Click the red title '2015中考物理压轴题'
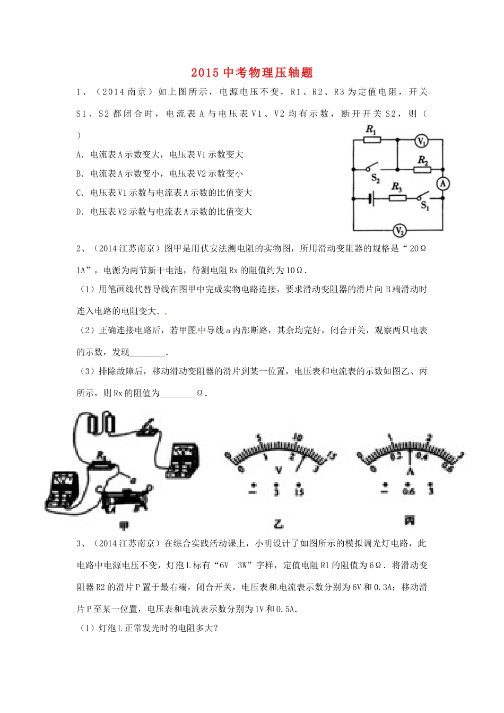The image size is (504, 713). (252, 73)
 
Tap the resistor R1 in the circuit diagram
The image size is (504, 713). (371, 140)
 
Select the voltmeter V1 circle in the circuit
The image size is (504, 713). (421, 141)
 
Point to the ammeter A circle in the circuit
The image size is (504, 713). (442, 184)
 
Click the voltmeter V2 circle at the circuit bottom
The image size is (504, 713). (399, 230)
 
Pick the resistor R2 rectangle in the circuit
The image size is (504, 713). (423, 169)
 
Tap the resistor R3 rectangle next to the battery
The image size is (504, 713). (397, 198)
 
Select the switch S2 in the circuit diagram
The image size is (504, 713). (372, 169)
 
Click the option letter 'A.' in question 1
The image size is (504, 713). (80, 154)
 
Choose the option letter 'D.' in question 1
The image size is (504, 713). (80, 212)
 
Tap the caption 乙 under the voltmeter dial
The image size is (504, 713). (278, 524)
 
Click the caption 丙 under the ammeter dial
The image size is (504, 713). (409, 521)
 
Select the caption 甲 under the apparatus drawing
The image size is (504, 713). (124, 526)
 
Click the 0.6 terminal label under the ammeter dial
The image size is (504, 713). (409, 491)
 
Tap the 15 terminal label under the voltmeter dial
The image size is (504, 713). (299, 492)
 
